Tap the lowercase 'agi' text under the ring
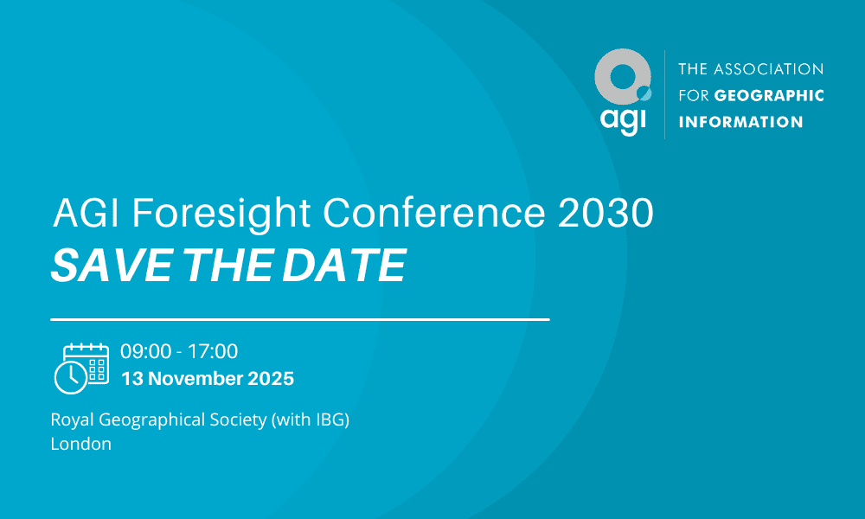click(623, 120)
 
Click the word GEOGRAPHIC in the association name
click(769, 95)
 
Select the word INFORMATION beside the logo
click(740, 122)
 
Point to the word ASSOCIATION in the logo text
click(768, 69)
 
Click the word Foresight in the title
click(221, 214)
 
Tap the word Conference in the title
click(434, 212)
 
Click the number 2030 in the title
click(605, 212)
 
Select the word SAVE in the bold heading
click(111, 266)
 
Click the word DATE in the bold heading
click(344, 266)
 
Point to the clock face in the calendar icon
click(71, 377)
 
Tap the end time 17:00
click(213, 351)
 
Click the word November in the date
click(195, 378)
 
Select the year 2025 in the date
click(271, 378)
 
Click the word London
click(81, 444)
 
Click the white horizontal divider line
click(300, 319)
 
